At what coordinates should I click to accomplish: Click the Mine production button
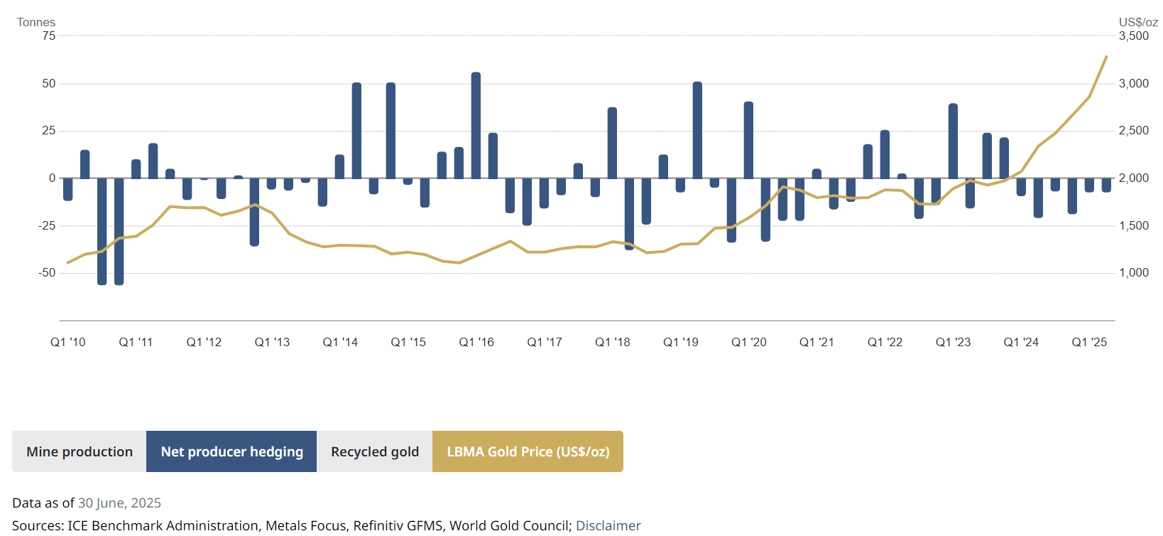[x=80, y=451]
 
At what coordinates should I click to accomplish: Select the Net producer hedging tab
[x=231, y=451]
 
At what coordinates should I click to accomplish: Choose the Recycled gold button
[x=375, y=451]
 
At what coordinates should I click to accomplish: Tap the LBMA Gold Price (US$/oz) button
[x=528, y=451]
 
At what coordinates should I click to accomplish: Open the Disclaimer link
[x=608, y=525]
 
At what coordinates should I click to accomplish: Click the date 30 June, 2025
[x=119, y=503]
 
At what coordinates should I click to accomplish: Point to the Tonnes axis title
[x=36, y=22]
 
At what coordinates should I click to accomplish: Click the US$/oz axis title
[x=1138, y=22]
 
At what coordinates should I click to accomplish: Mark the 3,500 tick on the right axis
[x=1134, y=36]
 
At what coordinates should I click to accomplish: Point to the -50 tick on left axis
[x=47, y=272]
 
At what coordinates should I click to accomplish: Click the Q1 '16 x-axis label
[x=476, y=342]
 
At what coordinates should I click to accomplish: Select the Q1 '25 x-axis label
[x=1089, y=342]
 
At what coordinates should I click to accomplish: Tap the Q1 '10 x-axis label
[x=68, y=342]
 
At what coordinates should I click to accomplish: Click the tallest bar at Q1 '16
[x=476, y=124]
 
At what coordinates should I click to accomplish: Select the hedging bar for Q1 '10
[x=68, y=189]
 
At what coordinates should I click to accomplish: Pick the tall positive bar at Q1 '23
[x=953, y=141]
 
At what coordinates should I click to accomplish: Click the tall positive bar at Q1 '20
[x=748, y=139]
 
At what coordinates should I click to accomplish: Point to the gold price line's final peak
[x=1105, y=58]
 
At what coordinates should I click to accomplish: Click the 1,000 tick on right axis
[x=1134, y=272]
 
